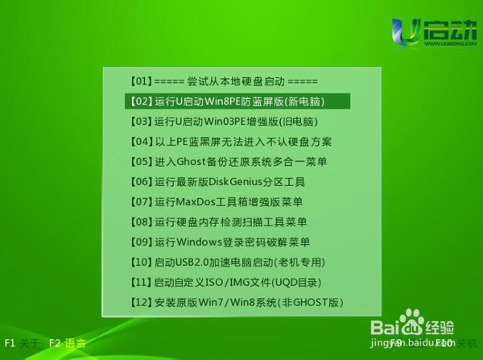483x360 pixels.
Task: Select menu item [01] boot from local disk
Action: pyautogui.click(x=224, y=81)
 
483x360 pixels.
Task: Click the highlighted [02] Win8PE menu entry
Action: pyautogui.click(x=238, y=101)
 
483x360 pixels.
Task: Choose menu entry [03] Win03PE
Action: pyautogui.click(x=222, y=122)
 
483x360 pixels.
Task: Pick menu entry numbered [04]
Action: pyautogui.click(x=231, y=142)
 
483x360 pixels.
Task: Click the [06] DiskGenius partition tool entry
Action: pyautogui.click(x=223, y=182)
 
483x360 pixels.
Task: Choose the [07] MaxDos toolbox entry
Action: pyautogui.click(x=217, y=202)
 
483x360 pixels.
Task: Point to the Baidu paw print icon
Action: pyautogui.click(x=416, y=327)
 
